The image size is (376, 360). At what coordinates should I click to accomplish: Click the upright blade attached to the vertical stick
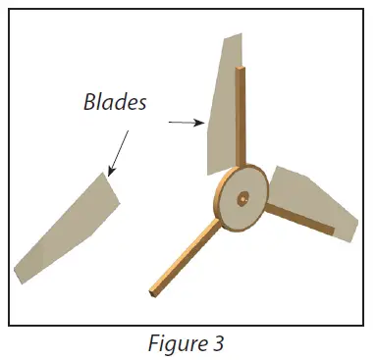[x=222, y=108]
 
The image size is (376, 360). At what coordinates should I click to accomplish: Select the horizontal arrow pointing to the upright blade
[x=186, y=123]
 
